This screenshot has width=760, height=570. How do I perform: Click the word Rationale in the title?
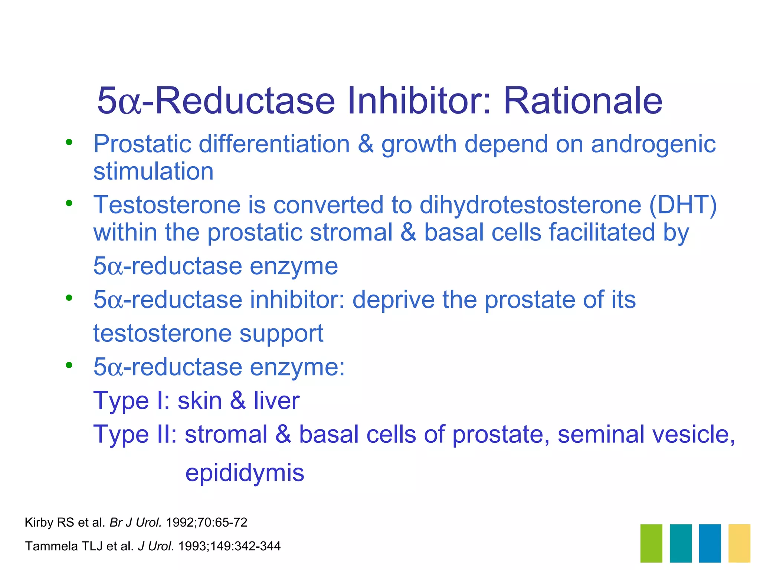click(583, 101)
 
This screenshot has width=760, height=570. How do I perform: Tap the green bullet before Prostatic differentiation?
click(69, 142)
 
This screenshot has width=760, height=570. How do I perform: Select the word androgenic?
click(653, 145)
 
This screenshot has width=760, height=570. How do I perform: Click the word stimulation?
click(153, 171)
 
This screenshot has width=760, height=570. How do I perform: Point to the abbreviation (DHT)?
click(683, 205)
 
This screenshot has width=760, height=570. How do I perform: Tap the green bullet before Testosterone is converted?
click(69, 203)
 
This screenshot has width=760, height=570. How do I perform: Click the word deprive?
click(393, 300)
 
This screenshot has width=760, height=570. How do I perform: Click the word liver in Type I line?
click(276, 401)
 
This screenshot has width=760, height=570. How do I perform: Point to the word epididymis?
click(245, 473)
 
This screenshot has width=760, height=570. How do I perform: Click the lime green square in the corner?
click(651, 543)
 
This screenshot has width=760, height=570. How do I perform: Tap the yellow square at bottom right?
click(739, 543)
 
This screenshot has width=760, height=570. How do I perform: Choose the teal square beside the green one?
click(681, 543)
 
